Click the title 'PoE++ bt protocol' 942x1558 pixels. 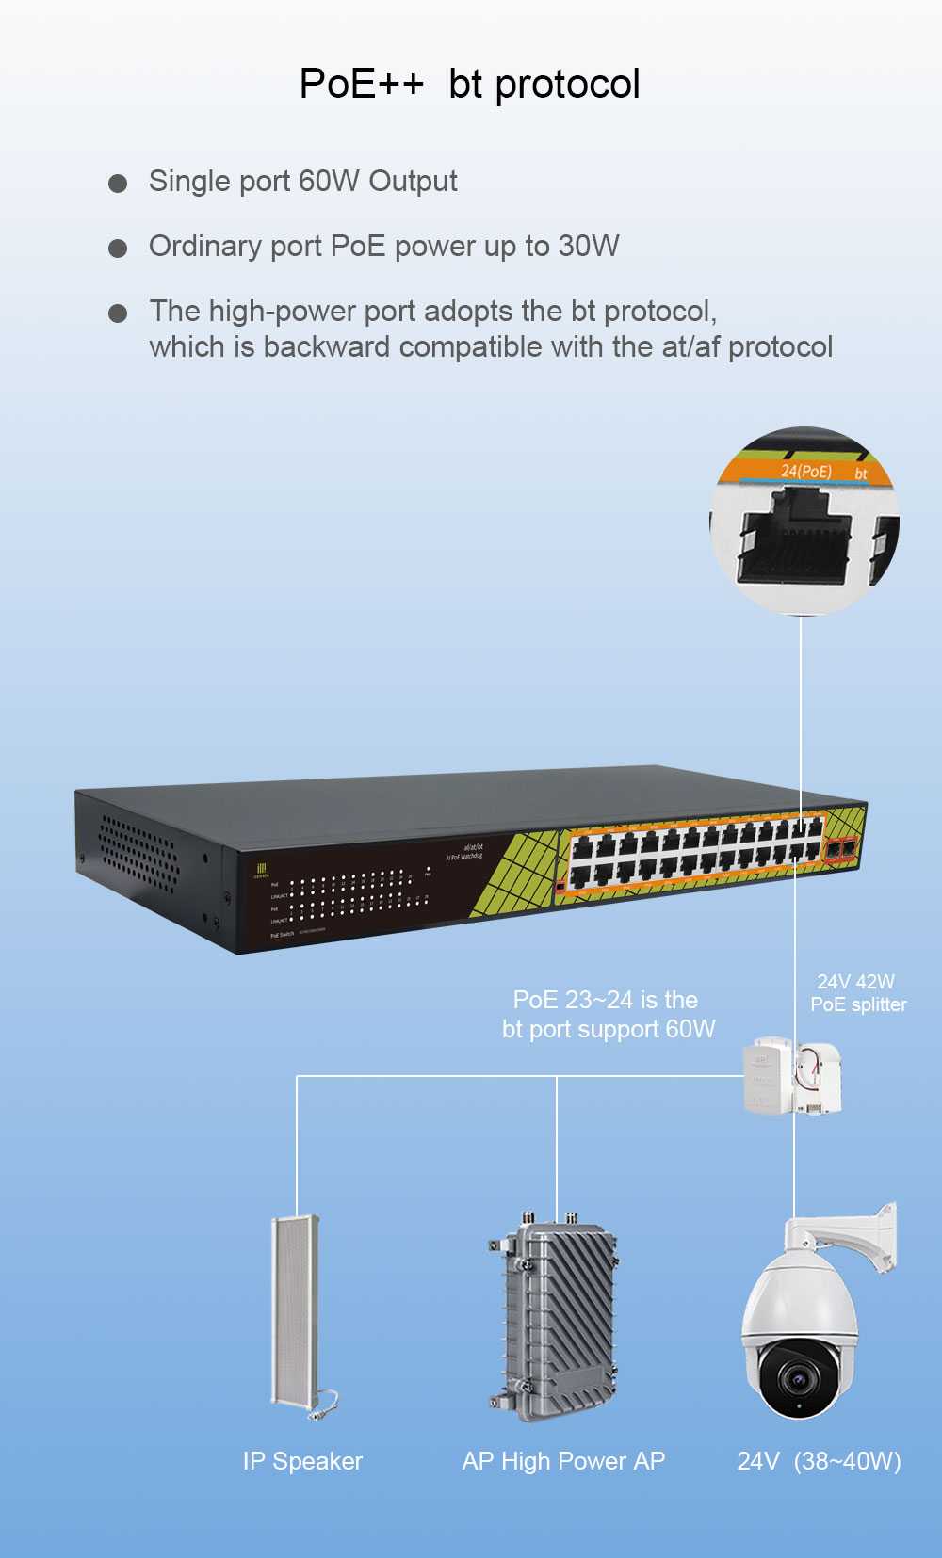pos(469,84)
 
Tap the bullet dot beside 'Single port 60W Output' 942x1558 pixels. pos(118,184)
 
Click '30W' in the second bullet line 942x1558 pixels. pos(589,247)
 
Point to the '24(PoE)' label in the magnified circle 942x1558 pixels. pos(805,470)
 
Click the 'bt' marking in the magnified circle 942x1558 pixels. pos(860,474)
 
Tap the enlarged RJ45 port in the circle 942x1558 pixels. pos(793,545)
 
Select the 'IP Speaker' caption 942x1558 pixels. pos(302,1461)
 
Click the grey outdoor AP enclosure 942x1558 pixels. pos(556,1313)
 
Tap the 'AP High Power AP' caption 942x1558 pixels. pos(563,1461)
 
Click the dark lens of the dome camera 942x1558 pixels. pos(799,1379)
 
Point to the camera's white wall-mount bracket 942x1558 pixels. pos(862,1233)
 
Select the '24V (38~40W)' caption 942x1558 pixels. pos(819,1461)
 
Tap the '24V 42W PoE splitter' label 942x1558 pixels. pos(857,993)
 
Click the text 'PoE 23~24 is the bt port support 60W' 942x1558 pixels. pos(608,1014)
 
